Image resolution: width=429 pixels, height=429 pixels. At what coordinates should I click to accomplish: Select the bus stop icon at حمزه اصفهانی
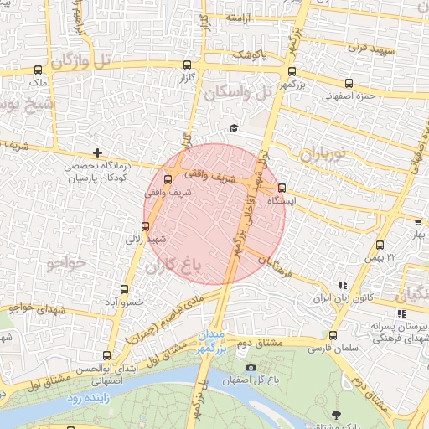pos(349,83)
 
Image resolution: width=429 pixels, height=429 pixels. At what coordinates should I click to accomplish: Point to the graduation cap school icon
pos(234,127)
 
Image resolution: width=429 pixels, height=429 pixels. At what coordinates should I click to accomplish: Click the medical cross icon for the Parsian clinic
pos(99,152)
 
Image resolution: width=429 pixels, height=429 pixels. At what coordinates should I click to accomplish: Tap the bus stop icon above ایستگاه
pos(282,188)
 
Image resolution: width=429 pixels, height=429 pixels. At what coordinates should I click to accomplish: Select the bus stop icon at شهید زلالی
pos(146,225)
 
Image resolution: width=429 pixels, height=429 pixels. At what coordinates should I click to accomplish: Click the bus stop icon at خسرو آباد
pos(128,287)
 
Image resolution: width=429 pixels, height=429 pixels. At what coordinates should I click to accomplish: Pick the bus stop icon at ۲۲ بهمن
pos(380,246)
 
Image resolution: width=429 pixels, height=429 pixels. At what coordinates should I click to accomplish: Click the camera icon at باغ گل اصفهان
pos(251,367)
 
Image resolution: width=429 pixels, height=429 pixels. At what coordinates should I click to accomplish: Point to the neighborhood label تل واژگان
pos(80,60)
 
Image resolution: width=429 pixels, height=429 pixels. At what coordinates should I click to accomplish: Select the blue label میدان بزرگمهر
pos(212,341)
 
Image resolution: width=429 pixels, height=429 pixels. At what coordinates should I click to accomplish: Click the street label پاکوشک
pos(251,55)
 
